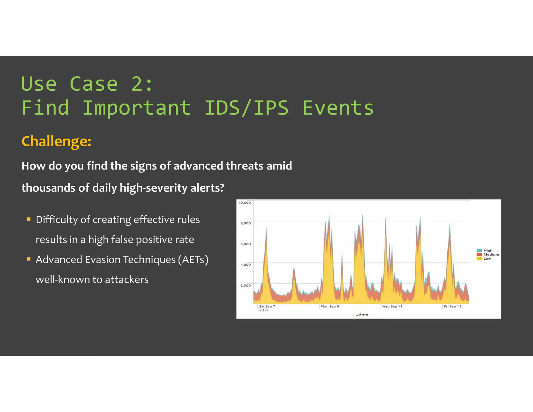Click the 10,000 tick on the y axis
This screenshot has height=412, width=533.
tap(244, 203)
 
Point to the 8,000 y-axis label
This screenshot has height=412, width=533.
tap(245, 223)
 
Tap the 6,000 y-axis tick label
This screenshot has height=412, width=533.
tap(245, 244)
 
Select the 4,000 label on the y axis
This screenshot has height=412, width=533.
tap(245, 265)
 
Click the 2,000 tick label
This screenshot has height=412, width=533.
tap(245, 285)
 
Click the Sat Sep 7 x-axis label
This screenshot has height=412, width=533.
tap(267, 307)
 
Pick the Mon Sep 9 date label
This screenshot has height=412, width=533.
tap(330, 307)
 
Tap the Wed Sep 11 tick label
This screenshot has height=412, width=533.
tap(392, 307)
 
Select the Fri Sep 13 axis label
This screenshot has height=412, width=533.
tap(452, 307)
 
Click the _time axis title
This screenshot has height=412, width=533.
tap(362, 315)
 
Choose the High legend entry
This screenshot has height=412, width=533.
tap(487, 251)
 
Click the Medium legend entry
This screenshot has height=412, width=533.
tap(491, 255)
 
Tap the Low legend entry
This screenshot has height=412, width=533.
tap(487, 259)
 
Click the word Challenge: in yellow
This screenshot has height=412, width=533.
tap(56, 141)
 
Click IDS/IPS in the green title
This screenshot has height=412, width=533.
tap(246, 108)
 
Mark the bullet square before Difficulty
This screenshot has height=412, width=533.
tap(29, 219)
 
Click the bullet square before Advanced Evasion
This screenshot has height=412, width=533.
tap(29, 259)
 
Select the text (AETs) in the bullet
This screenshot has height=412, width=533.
tap(193, 260)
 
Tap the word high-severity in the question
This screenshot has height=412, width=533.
tap(153, 188)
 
